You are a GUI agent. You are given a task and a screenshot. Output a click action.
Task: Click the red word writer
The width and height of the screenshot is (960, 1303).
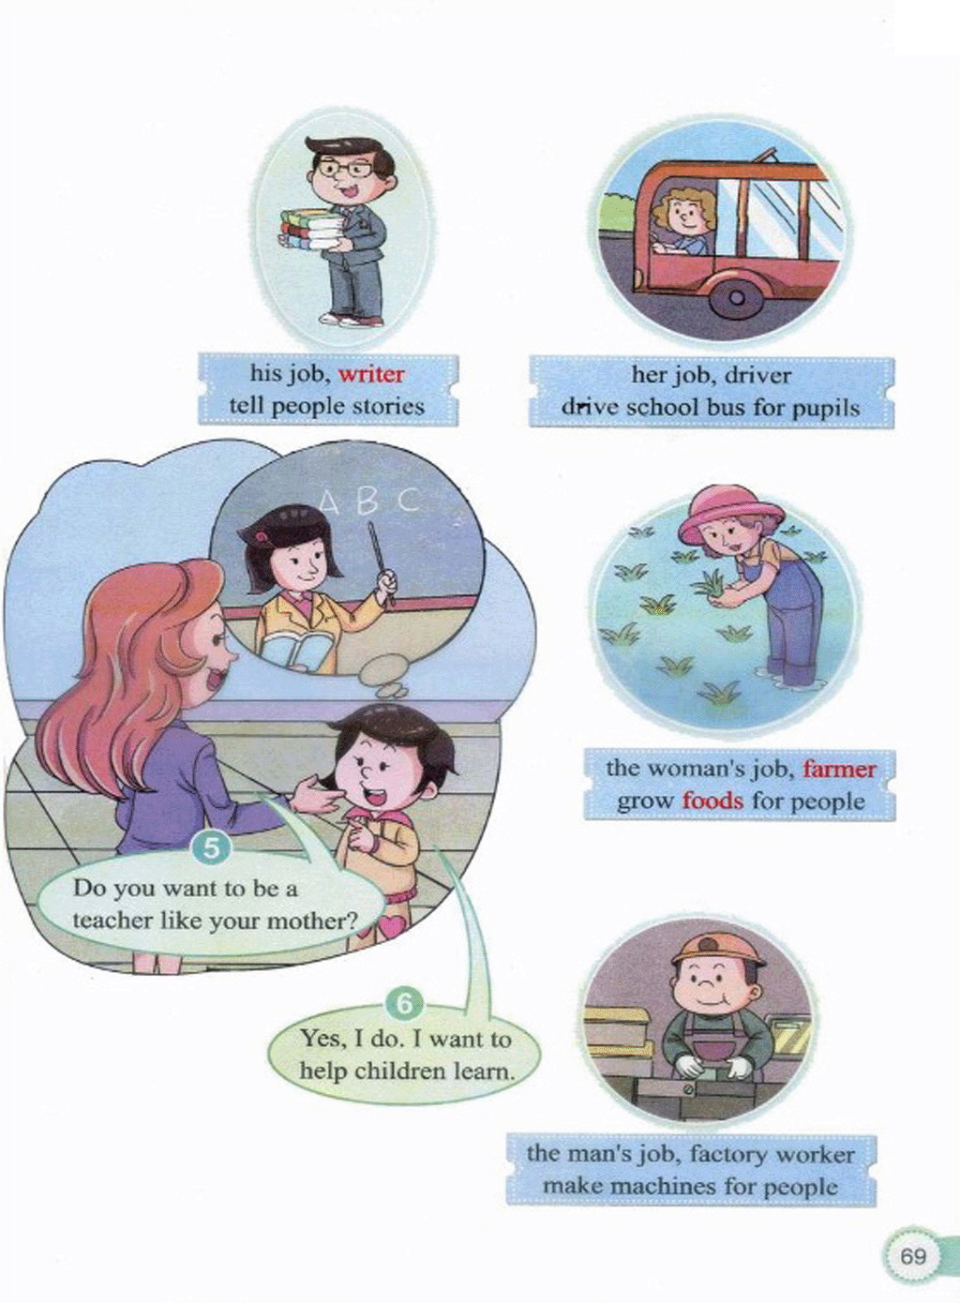click(x=371, y=374)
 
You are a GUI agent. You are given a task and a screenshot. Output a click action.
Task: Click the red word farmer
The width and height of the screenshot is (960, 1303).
click(x=839, y=770)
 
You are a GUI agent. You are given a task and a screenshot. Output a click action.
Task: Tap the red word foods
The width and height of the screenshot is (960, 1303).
click(x=712, y=801)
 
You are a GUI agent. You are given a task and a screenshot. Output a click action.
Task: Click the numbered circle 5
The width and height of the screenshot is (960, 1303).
click(x=212, y=850)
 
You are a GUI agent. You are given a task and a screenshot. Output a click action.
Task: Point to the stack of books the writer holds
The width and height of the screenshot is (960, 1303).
click(x=309, y=229)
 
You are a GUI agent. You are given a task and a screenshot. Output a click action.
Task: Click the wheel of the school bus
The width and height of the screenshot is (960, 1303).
click(x=737, y=298)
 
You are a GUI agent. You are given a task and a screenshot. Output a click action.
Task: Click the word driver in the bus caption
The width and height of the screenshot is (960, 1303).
click(x=758, y=375)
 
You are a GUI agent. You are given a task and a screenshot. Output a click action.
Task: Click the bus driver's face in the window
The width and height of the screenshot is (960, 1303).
click(x=682, y=218)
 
